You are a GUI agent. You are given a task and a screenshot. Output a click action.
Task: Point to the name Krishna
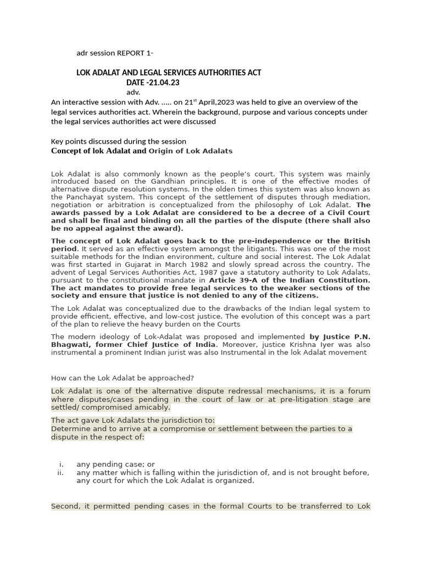[x=301, y=345]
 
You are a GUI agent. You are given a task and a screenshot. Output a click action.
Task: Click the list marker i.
[x=62, y=465]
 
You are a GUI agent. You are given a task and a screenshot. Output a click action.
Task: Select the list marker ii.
[x=60, y=472]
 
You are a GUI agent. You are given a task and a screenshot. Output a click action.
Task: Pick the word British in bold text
[x=356, y=241]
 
